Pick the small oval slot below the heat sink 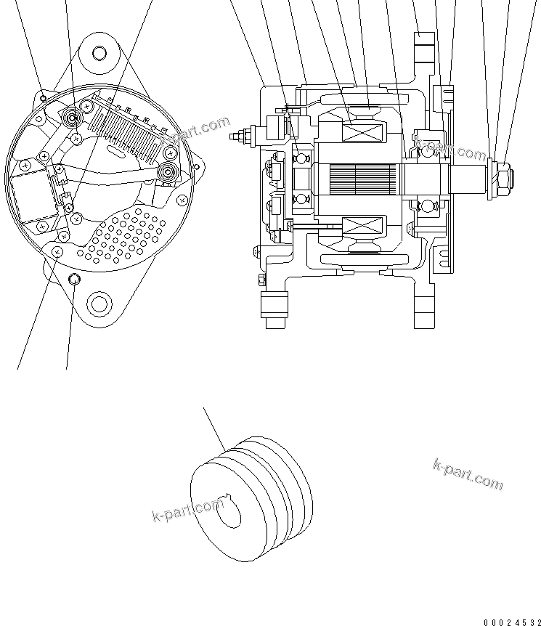116,151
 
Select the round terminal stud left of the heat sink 73,117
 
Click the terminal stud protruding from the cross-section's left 238,136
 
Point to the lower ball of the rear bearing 299,198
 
